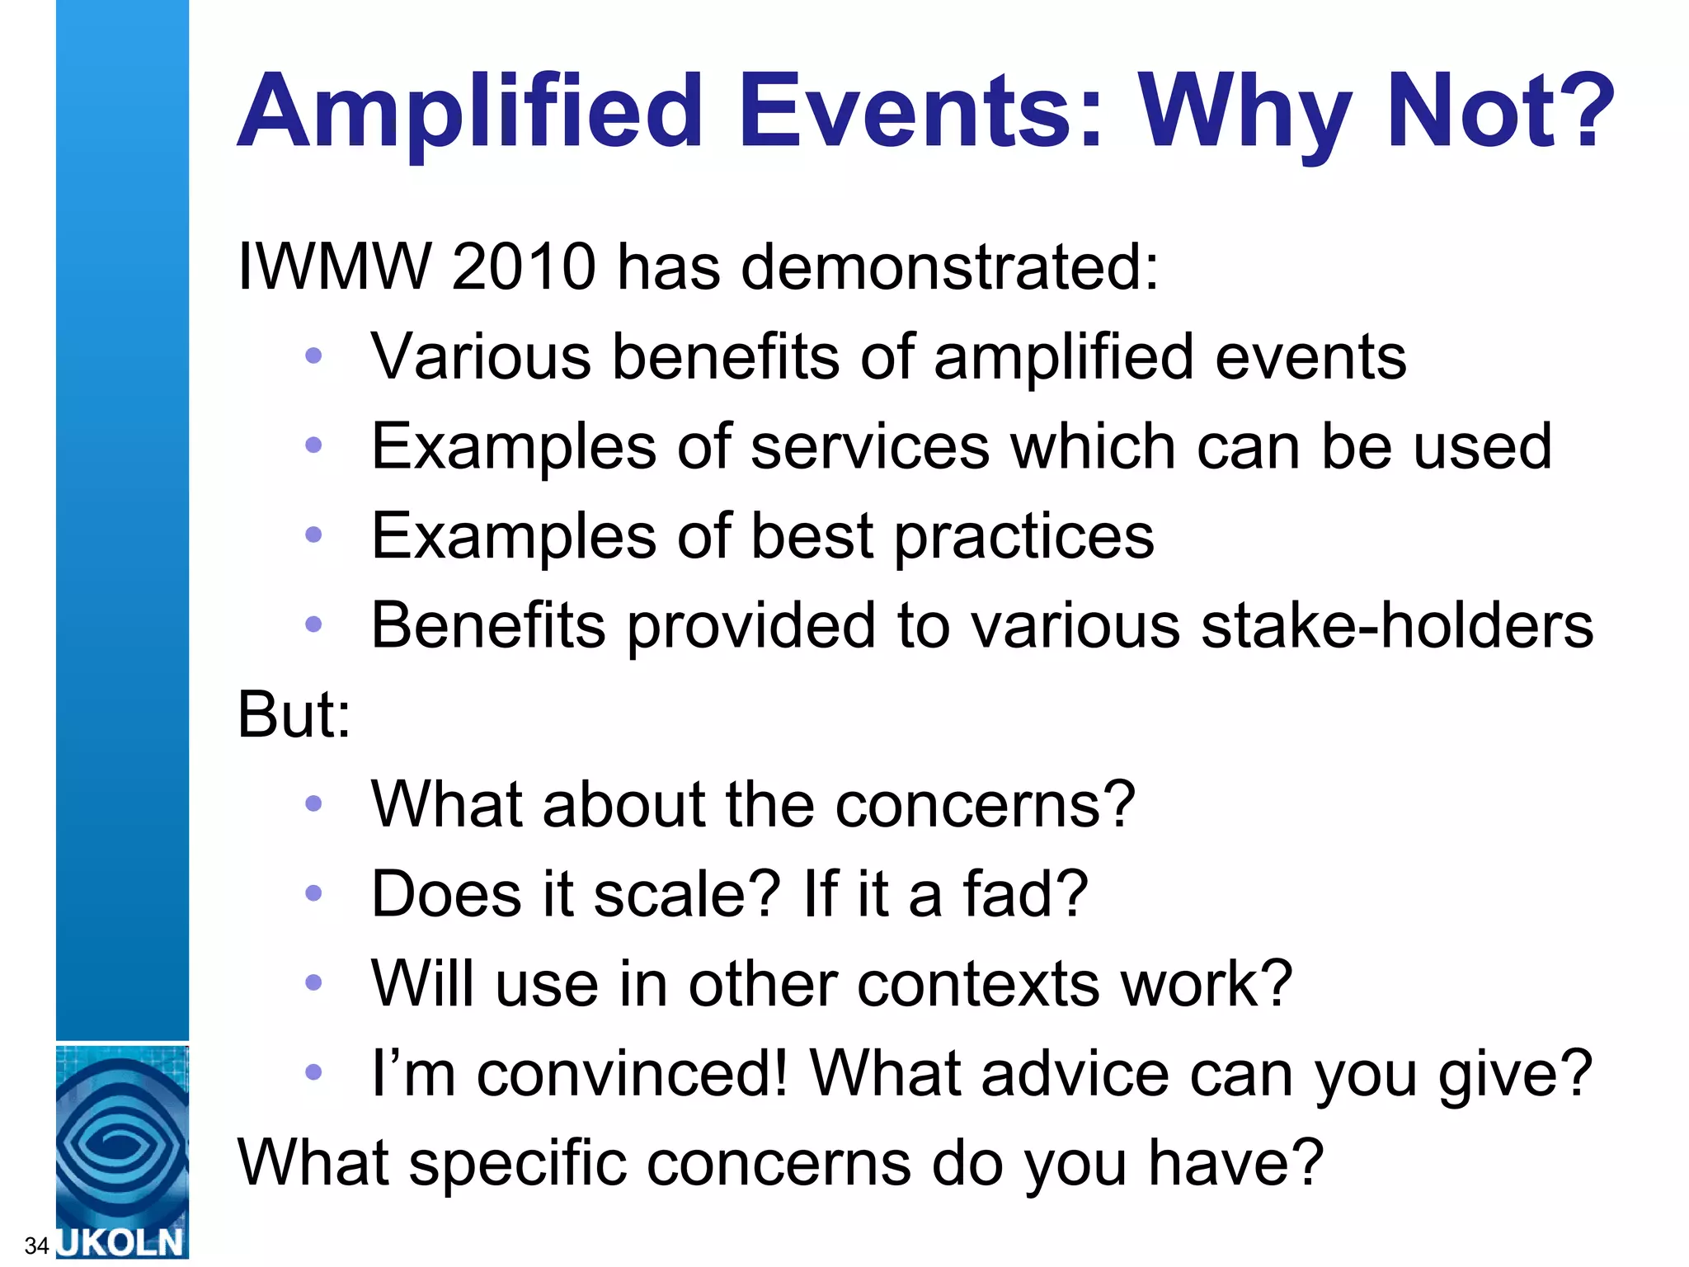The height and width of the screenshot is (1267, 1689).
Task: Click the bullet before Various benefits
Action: (x=313, y=356)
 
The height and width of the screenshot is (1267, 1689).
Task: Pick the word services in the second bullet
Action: (x=870, y=446)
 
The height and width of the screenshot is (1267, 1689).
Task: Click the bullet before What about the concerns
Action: (x=313, y=803)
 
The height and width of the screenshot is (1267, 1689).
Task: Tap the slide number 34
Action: (x=36, y=1245)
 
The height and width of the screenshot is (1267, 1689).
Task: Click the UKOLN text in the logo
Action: (x=122, y=1241)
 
